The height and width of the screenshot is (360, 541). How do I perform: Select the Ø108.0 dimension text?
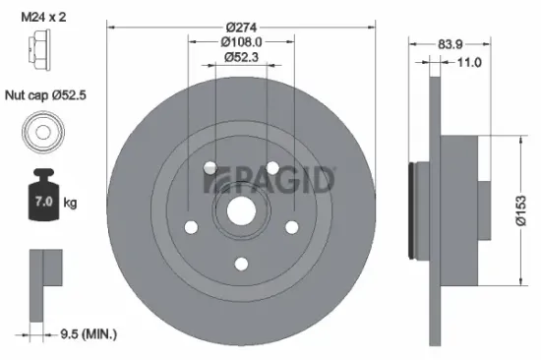pyautogui.click(x=241, y=42)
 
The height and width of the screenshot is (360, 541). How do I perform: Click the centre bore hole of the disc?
pyautogui.click(x=241, y=209)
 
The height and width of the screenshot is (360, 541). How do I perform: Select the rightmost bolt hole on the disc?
pyautogui.click(x=291, y=226)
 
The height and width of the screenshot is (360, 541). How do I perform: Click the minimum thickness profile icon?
pyautogui.click(x=43, y=279)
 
